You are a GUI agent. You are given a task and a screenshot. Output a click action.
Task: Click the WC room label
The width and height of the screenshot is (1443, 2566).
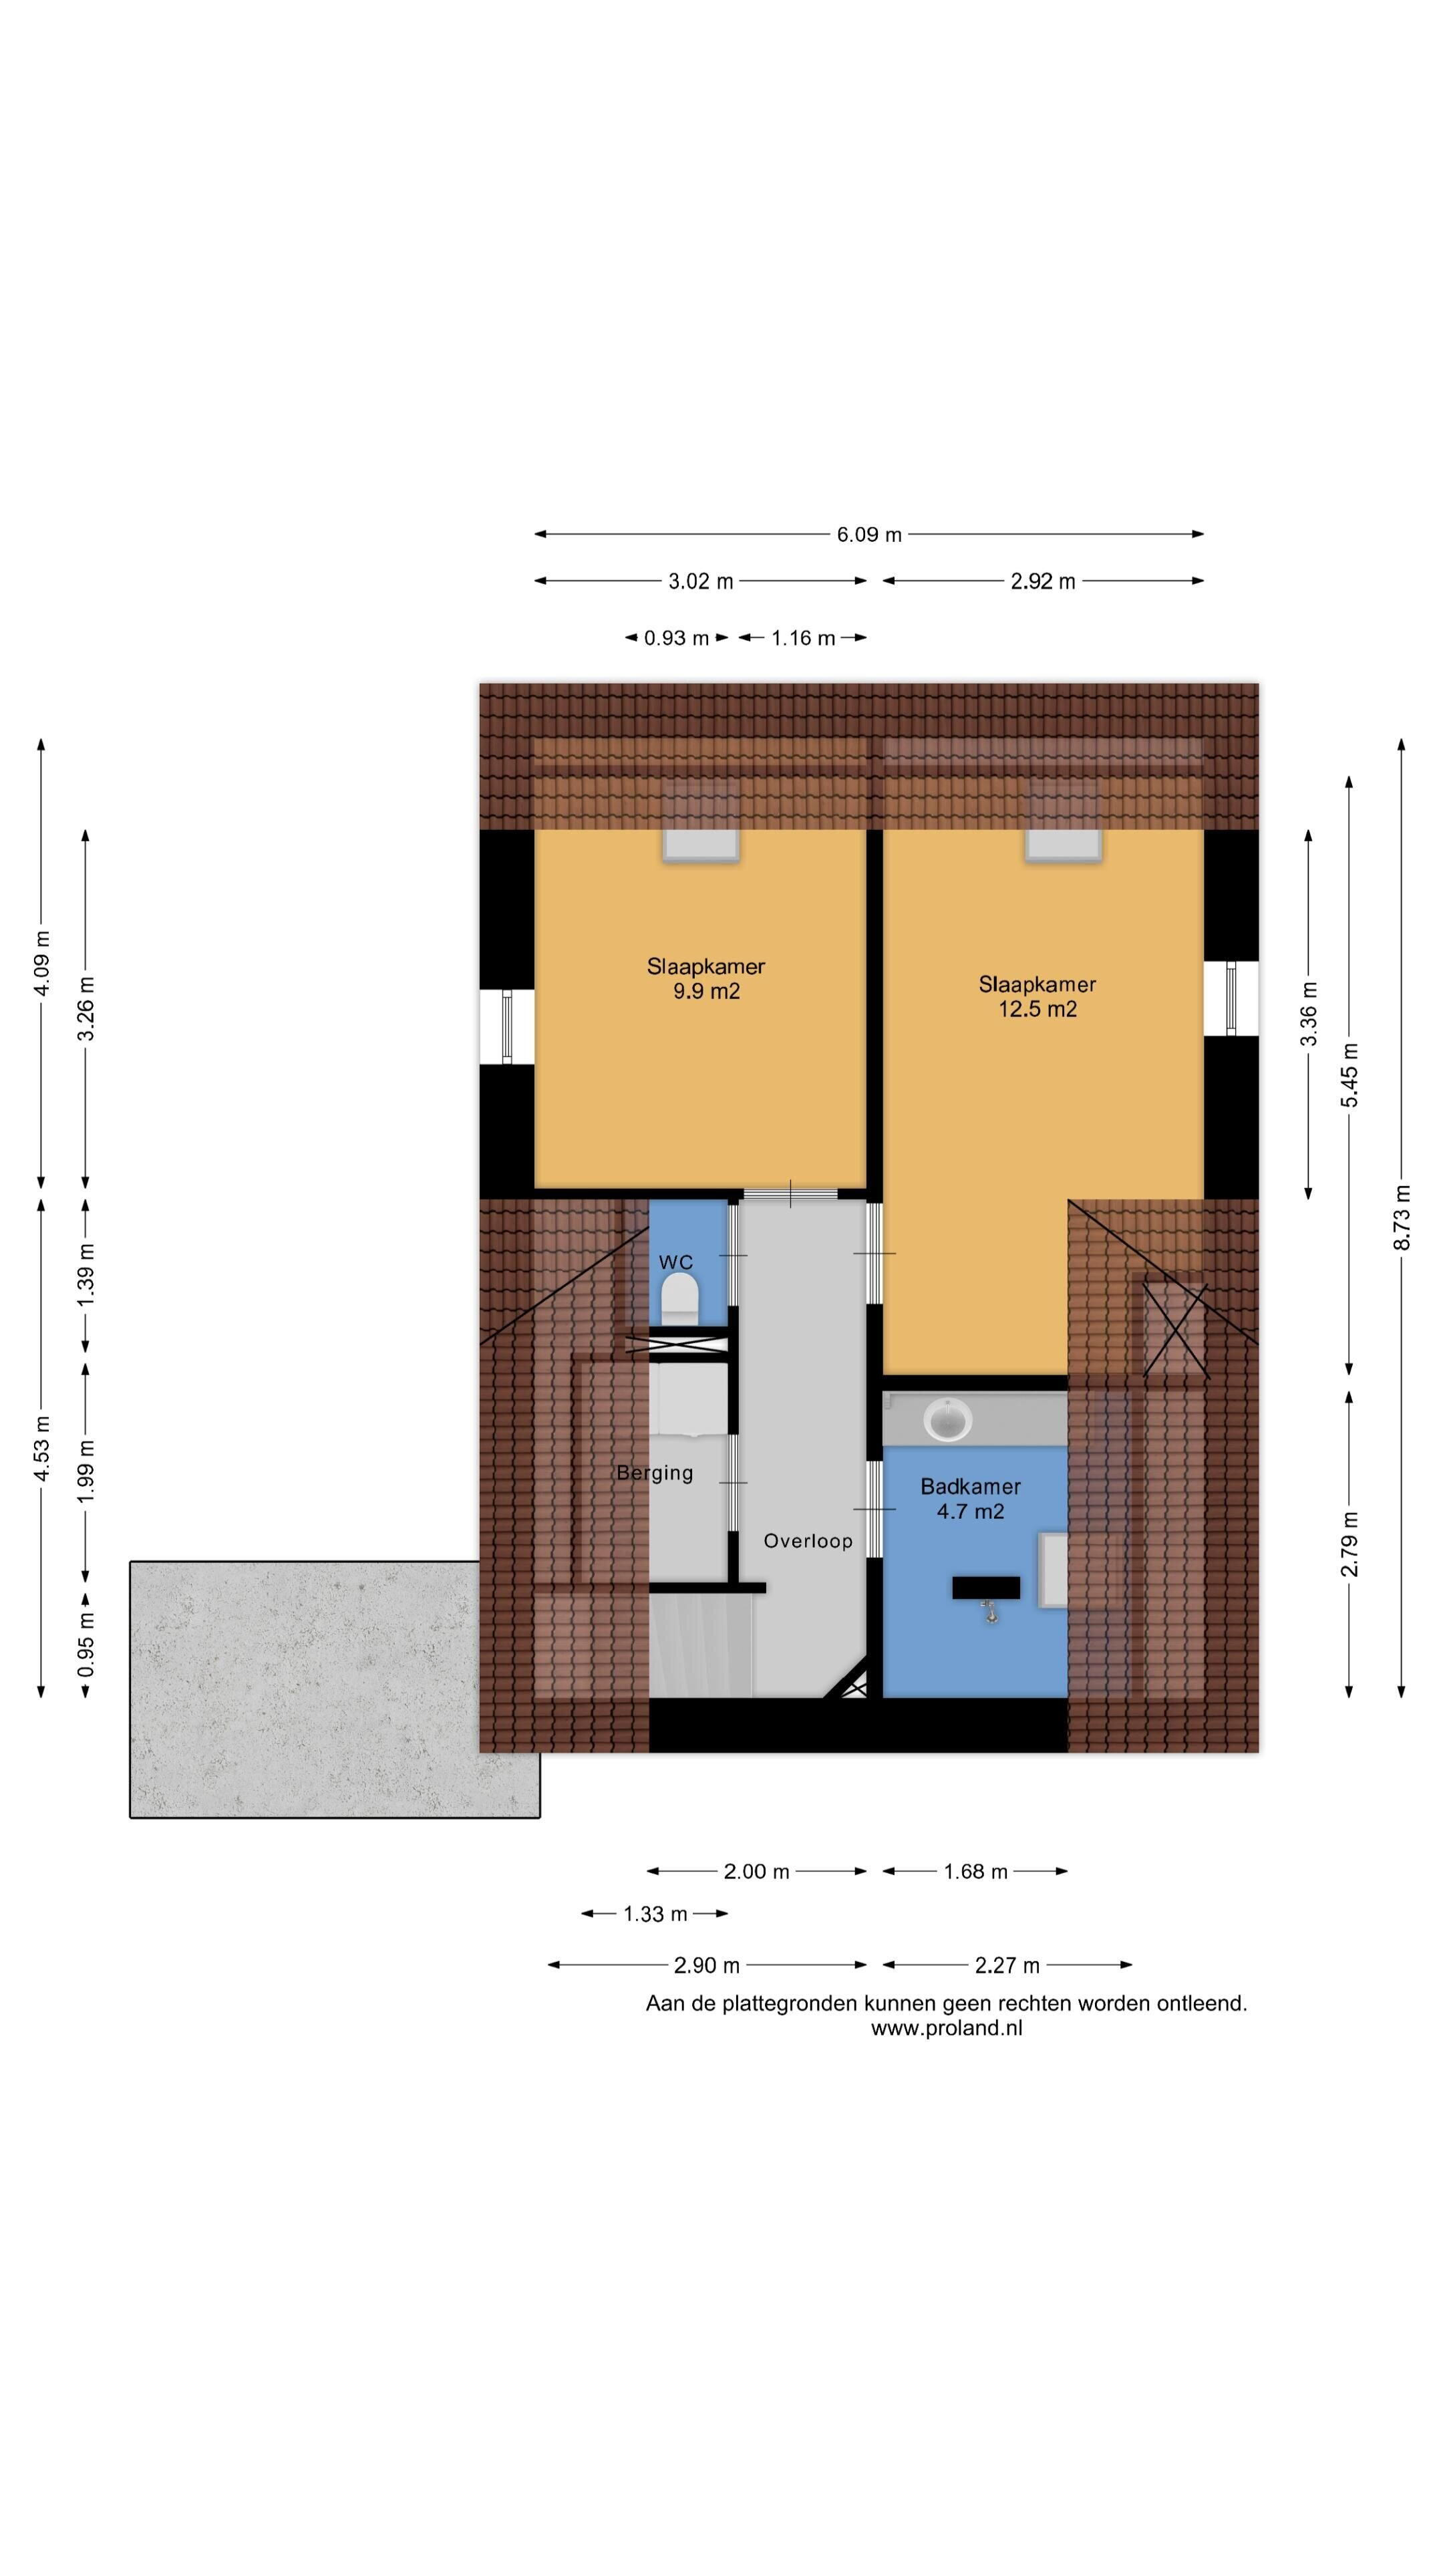point(675,1262)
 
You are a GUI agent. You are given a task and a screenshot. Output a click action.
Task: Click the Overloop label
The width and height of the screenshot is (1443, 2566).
point(808,1541)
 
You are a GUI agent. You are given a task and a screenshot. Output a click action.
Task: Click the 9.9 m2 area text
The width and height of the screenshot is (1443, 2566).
point(706,991)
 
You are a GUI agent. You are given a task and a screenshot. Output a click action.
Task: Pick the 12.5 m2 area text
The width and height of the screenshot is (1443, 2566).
point(1037,1009)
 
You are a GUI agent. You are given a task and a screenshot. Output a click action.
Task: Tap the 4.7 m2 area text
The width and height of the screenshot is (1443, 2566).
point(970,1511)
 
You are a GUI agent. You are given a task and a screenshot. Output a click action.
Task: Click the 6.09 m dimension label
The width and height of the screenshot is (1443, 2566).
point(868,535)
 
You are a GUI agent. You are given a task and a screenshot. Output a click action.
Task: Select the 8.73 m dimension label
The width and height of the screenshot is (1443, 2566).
point(1402,1216)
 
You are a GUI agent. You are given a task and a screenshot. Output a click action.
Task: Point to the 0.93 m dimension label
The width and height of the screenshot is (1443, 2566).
point(676,639)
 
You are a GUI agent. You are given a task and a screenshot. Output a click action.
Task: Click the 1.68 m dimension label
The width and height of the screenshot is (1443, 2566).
point(976,1872)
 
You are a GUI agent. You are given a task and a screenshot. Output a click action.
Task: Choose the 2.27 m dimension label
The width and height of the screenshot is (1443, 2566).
point(1007,1965)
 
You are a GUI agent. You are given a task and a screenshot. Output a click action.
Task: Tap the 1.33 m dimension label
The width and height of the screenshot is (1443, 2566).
point(655,1914)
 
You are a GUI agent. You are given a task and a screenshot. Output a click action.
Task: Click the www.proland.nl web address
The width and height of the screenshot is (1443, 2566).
point(946,2028)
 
